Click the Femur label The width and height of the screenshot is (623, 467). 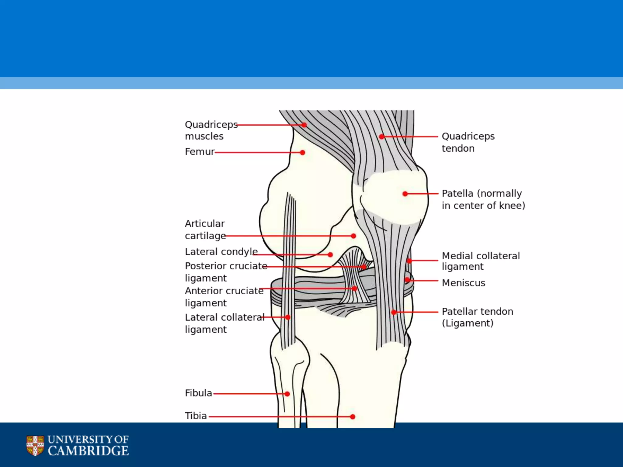pos(200,151)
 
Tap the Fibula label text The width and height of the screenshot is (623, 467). pos(198,393)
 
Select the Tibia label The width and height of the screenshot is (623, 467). pos(196,416)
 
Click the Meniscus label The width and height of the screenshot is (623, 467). pos(463,283)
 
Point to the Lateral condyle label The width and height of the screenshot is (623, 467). pos(221,252)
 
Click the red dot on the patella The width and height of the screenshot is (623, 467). pos(405,194)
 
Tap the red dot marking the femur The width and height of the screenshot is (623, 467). pos(302,153)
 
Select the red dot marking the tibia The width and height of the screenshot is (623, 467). pos(353,417)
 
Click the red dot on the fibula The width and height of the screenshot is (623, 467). pos(287,394)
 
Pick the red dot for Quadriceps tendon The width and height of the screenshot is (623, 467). pos(382,137)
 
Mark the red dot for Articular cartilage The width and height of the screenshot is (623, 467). pos(353,236)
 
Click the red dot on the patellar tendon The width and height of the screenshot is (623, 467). pos(394,312)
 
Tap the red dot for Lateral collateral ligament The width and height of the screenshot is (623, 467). pos(288,317)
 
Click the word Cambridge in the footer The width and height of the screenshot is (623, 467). pos(88,451)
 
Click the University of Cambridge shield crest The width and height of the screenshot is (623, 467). pos(35,445)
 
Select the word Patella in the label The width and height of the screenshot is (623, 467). pos(458,193)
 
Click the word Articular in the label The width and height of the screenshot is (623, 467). pos(205,224)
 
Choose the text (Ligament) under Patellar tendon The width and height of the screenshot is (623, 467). pos(468,323)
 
